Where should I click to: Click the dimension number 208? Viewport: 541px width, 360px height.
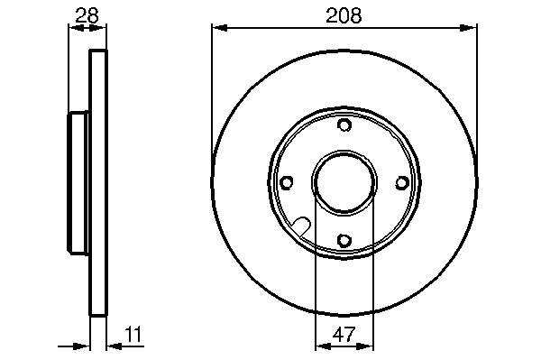tap(344, 15)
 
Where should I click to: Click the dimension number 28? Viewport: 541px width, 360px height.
tap(87, 15)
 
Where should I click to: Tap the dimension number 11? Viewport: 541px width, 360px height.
tap(133, 334)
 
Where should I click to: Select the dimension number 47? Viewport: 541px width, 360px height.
tap(344, 334)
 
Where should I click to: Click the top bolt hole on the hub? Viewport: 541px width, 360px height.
tap(344, 125)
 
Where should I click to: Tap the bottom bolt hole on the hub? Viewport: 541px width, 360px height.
tap(344, 240)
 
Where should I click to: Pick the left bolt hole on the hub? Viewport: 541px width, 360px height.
tap(287, 182)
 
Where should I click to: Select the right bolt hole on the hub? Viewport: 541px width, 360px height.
tap(402, 182)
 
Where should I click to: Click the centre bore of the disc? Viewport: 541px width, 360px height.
tap(344, 181)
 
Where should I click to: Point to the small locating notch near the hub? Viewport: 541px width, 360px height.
tap(301, 226)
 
